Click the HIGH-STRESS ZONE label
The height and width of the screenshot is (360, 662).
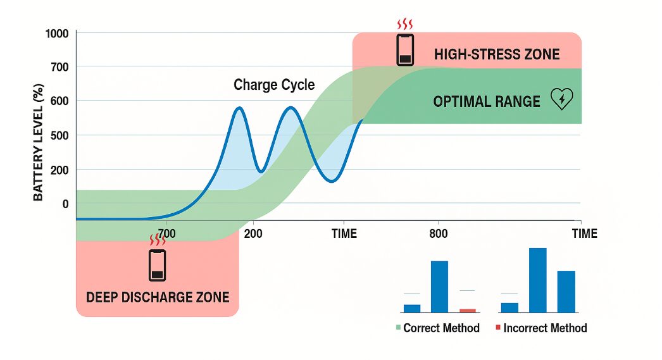pos(497,54)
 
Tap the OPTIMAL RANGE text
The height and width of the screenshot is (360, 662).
pos(487,101)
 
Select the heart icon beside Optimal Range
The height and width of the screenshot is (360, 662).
pos(562,99)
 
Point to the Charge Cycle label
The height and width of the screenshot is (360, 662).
pos(274,85)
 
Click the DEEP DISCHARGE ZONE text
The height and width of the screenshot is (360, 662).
pos(158,297)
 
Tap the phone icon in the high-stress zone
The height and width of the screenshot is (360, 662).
pos(405,50)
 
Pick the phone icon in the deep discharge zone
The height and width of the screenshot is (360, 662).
pos(158,265)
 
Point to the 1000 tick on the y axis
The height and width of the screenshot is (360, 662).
pos(56,33)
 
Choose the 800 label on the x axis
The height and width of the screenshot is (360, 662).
pos(438,234)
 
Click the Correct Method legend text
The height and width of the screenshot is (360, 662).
pos(441,328)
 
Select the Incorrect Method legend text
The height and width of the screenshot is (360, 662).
pos(545,328)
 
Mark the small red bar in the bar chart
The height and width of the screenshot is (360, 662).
pos(468,310)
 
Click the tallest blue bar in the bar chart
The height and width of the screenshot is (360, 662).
pos(537,280)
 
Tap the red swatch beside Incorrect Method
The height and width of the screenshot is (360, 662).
pos(498,328)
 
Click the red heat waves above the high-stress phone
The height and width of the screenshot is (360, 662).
pos(405,25)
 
